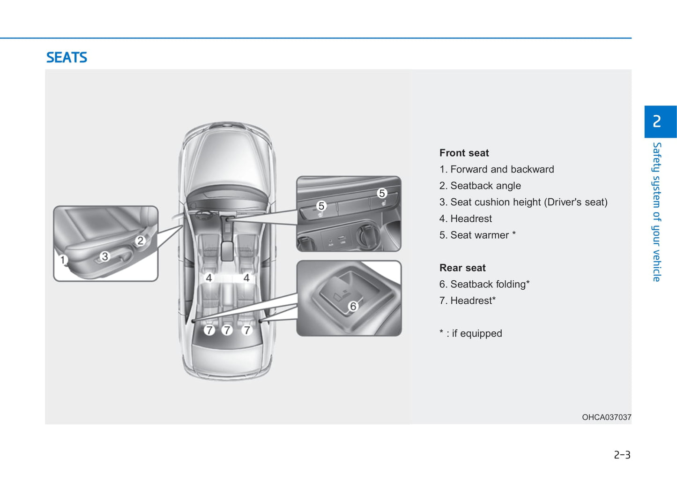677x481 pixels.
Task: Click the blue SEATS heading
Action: pos(67,58)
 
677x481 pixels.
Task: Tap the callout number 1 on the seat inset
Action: pos(63,260)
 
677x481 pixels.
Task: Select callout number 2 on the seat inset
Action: pos(140,241)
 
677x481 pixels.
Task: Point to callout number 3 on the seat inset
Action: pos(105,256)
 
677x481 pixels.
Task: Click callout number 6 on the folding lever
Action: pos(353,307)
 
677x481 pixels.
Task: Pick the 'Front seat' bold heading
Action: pos(464,153)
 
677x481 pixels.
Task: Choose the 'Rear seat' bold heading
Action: pos(462,268)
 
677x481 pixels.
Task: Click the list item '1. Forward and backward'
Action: pos(497,169)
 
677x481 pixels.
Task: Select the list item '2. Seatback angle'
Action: pos(480,186)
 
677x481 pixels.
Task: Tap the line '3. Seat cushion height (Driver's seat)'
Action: pos(523,202)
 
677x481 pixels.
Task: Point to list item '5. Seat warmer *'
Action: pos(477,235)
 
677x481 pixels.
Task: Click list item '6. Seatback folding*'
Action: pos(484,284)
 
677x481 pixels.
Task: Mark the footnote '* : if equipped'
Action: pos(470,333)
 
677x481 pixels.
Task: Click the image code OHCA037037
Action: pos(606,417)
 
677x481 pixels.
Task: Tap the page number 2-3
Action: pos(622,455)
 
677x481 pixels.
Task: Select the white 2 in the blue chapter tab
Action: pos(657,121)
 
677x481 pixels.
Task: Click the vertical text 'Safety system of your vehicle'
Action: pos(656,212)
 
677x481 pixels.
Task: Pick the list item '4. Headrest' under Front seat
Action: pos(465,218)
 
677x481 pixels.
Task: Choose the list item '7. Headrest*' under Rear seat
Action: pos(467,301)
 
